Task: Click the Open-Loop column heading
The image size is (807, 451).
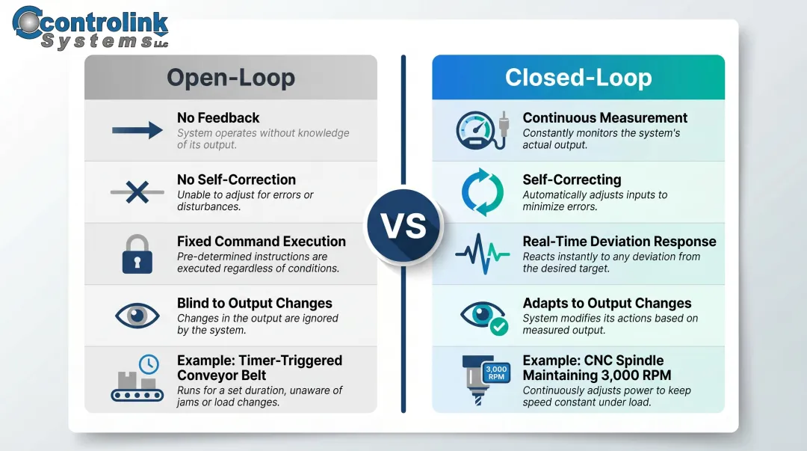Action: click(230, 78)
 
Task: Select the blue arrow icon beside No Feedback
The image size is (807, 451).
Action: click(137, 131)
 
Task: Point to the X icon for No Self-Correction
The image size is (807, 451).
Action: click(137, 192)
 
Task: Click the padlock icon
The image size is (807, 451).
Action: click(137, 254)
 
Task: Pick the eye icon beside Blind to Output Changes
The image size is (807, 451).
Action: click(137, 316)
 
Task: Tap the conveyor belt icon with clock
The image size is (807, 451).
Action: click(137, 378)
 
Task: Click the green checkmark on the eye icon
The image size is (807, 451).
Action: click(498, 326)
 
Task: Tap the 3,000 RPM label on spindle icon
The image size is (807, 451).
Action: click(496, 372)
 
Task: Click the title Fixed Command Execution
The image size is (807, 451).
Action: click(261, 242)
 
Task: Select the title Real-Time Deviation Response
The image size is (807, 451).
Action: click(619, 242)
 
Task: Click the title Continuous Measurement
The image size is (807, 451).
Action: click(605, 118)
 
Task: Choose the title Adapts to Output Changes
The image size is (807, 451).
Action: click(607, 304)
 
